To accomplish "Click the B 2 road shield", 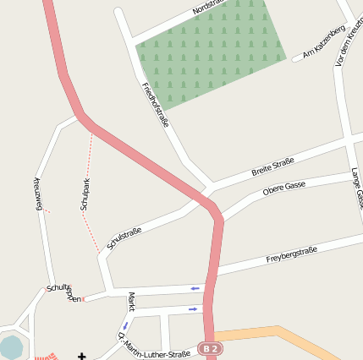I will click(211, 348).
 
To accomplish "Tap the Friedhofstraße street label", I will click(156, 104).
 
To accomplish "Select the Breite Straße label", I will click(272, 166).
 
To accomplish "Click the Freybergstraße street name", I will click(291, 254).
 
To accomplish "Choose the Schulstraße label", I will click(125, 239).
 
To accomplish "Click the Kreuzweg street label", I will click(37, 195).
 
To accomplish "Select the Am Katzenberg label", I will click(324, 42).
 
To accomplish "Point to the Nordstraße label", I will click(211, 8).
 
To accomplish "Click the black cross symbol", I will click(82, 355).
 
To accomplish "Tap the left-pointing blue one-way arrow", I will click(195, 289).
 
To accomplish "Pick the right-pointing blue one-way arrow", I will click(194, 309).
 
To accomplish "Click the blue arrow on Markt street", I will click(126, 325).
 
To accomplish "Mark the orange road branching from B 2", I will click(271, 335).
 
